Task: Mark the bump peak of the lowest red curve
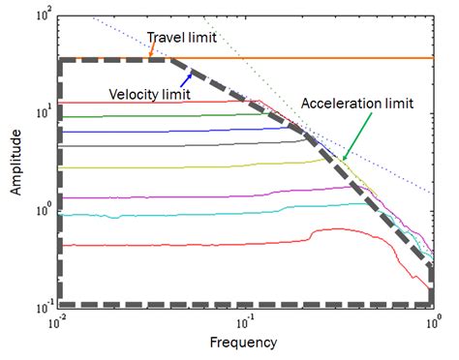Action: [329, 229]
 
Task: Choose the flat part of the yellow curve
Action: [145, 166]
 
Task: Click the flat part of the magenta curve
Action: [145, 196]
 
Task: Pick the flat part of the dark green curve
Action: [145, 115]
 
